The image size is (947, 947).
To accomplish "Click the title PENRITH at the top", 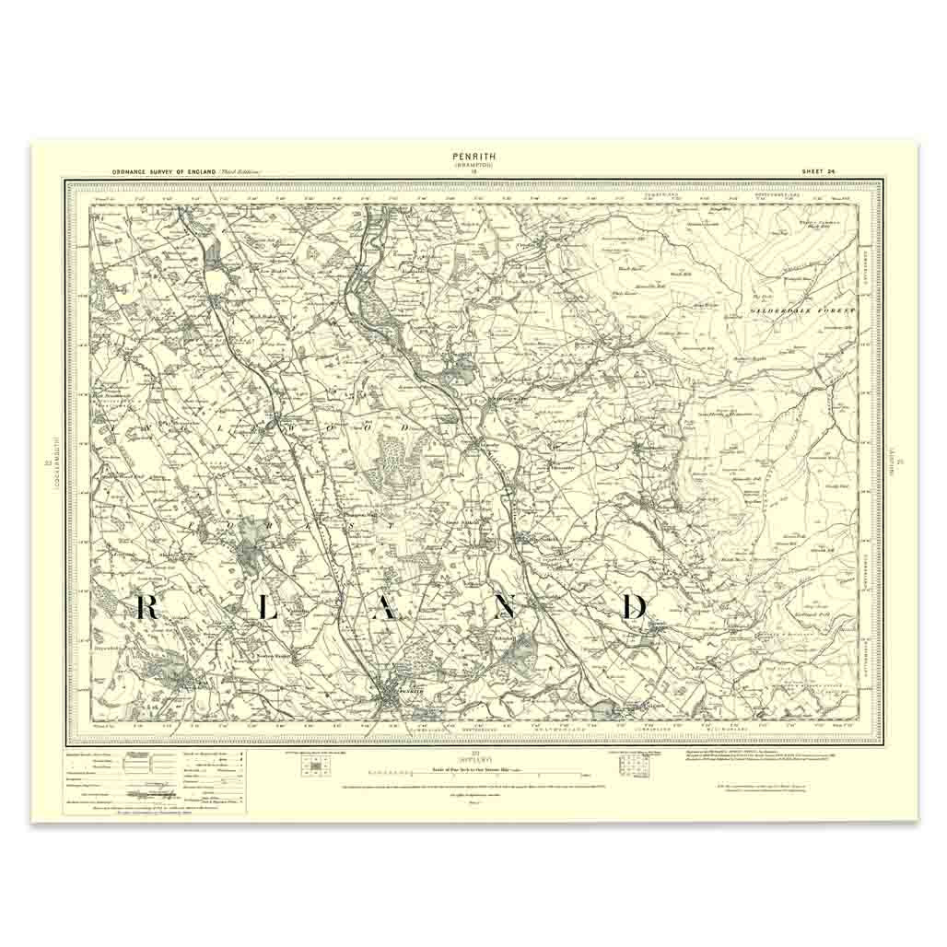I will pos(473,157).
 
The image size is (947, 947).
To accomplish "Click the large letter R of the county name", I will pos(148,607).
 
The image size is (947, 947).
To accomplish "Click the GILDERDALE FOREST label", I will pos(815,311).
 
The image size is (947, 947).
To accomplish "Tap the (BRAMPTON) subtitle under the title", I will pos(473,165).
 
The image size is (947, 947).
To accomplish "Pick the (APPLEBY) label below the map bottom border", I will pos(473,756).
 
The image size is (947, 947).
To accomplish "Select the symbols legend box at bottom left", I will pos(155,782).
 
